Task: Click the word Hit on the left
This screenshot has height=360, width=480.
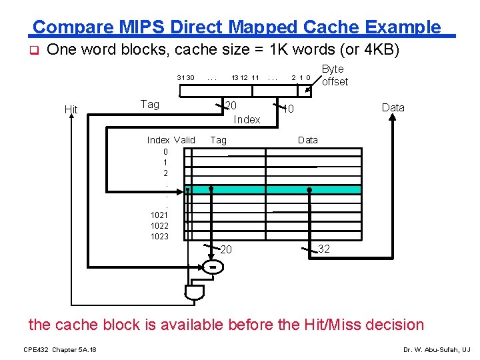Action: coord(71,109)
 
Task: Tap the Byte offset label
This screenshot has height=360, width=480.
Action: coord(334,75)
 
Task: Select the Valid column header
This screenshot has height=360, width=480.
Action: coord(184,140)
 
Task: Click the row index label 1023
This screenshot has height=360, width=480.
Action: coord(159,237)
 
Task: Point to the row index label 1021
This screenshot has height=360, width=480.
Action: coord(159,215)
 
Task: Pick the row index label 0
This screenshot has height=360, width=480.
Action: coord(165,151)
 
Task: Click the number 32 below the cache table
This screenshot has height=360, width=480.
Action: coord(324,249)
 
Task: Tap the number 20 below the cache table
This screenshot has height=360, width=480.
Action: coord(227,249)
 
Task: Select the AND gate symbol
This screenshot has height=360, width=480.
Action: coord(195,292)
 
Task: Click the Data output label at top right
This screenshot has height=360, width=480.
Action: coord(393,107)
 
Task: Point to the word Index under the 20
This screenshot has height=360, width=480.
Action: coord(247,119)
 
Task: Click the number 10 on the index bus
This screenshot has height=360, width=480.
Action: coord(288,109)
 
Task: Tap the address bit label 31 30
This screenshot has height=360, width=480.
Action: coord(185,78)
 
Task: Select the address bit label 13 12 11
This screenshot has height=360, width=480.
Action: coord(245,78)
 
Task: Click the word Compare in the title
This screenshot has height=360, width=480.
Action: coord(66,27)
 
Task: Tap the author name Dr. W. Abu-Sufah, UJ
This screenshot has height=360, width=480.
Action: coord(437,350)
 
